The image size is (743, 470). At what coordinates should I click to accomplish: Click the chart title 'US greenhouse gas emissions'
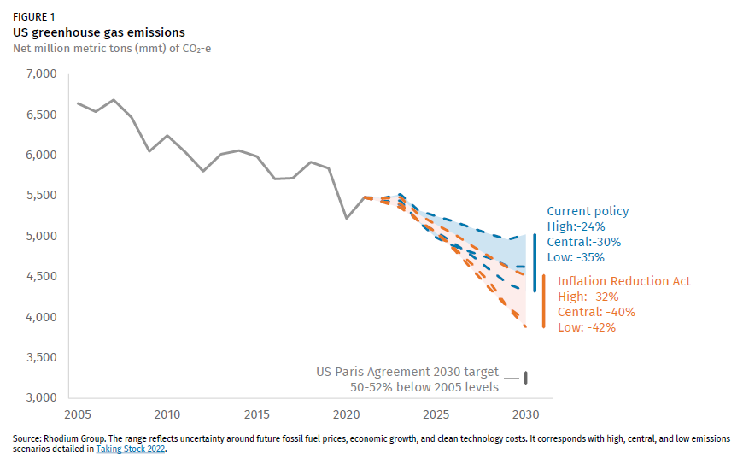(x=99, y=32)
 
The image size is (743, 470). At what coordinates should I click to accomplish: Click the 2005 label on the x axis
(x=77, y=415)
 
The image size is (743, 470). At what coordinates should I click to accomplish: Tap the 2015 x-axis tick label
(x=257, y=415)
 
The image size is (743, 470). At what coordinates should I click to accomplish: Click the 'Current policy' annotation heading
(x=588, y=211)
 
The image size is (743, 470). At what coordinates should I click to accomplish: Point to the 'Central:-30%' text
(x=584, y=242)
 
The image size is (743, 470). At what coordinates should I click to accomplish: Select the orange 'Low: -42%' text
(x=586, y=327)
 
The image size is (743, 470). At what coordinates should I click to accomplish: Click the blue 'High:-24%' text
(x=576, y=226)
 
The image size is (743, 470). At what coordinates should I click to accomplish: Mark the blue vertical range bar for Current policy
(x=535, y=262)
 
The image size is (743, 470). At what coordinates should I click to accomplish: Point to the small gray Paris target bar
(x=526, y=377)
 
